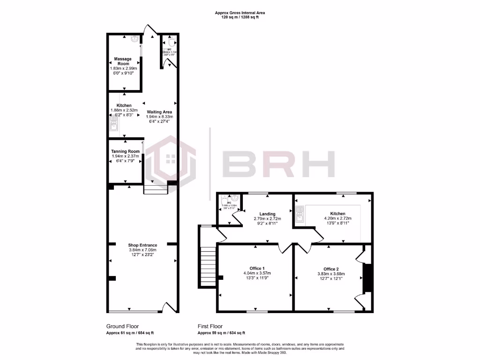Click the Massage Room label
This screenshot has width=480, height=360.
coord(123,61)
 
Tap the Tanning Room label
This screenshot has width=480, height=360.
coord(125,151)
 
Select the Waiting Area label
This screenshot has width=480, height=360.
coord(159,112)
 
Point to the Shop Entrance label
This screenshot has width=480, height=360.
coord(142,245)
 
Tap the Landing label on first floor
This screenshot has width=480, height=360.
coord(267,214)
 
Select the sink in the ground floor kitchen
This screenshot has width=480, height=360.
coord(113,124)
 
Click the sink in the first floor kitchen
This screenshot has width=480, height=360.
coord(300,216)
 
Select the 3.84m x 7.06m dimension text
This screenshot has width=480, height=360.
coord(142,250)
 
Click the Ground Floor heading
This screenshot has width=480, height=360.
coord(123,326)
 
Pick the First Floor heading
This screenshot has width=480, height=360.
coord(210,326)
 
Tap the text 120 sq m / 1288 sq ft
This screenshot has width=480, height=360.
coord(240,17)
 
